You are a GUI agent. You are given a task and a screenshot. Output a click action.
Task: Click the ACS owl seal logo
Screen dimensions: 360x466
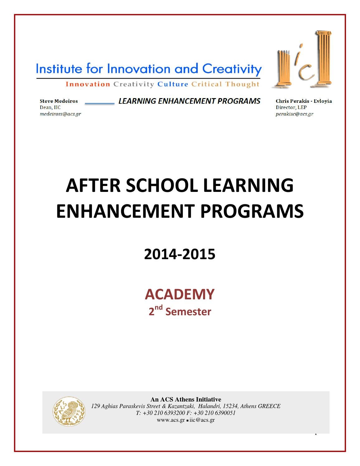pos(69,411)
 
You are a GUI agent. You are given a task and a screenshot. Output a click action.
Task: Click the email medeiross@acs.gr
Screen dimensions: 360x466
pos(60,114)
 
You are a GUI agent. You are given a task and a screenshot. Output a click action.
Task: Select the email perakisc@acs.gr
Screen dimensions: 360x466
pos(294,114)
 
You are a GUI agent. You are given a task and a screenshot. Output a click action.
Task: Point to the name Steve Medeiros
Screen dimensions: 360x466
pos(59,101)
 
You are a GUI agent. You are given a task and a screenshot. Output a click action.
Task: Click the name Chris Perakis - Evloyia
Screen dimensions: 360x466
pos(304,101)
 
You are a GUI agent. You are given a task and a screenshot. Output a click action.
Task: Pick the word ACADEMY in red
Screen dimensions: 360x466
pos(180,294)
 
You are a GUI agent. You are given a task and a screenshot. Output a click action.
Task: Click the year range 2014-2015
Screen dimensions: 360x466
pos(180,254)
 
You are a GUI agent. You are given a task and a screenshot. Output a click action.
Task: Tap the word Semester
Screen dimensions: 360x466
pos(188,312)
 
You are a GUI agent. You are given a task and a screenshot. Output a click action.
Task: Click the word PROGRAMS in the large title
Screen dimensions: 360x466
pos(252,211)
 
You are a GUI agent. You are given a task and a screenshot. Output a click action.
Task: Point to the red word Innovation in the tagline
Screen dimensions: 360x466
pos(88,84)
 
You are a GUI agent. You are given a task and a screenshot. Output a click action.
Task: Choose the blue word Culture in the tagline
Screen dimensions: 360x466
pos(173,84)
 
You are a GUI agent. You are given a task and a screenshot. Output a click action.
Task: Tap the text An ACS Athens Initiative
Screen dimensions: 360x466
pos(186,399)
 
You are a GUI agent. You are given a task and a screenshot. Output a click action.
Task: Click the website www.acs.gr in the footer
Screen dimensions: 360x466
pos(171,420)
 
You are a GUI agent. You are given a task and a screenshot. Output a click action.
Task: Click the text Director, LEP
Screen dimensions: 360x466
pos(291,107)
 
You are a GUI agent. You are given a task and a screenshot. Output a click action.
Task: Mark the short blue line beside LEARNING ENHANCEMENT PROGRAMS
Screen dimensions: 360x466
pos(100,103)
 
